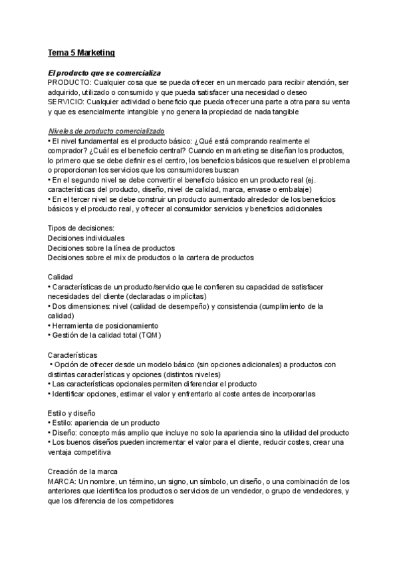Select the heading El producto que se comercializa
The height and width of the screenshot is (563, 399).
(x=104, y=72)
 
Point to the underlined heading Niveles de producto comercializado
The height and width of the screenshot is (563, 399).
(x=107, y=131)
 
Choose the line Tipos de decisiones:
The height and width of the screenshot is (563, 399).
(x=81, y=228)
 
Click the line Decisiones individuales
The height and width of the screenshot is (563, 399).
(x=86, y=238)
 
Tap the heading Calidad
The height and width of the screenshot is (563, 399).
(x=61, y=276)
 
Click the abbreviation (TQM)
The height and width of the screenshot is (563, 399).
(x=150, y=335)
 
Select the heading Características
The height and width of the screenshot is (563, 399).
(x=72, y=355)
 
